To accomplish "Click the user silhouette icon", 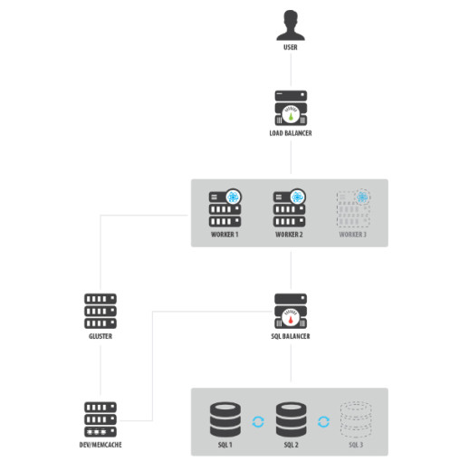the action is (x=291, y=25).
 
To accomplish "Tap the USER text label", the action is (x=291, y=47).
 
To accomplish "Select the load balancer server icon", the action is (x=291, y=108).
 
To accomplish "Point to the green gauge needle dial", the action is (x=291, y=114).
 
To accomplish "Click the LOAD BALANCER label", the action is (x=291, y=133).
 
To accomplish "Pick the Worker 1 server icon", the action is (x=225, y=208).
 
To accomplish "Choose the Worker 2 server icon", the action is (x=290, y=208).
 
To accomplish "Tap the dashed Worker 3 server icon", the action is (x=353, y=208).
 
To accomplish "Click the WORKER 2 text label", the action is (x=289, y=235).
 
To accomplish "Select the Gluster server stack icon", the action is (x=100, y=311).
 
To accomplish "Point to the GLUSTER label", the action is (x=100, y=336).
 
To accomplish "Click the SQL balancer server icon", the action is (x=291, y=311).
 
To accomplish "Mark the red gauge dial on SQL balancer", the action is (x=291, y=318).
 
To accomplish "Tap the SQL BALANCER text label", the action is (x=291, y=336).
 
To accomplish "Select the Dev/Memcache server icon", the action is (x=100, y=419).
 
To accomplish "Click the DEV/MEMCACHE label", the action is (x=100, y=445).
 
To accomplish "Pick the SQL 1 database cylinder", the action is (x=225, y=419).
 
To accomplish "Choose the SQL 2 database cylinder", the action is (x=291, y=419).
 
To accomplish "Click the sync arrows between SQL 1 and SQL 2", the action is (x=258, y=422).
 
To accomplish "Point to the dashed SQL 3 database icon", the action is (x=356, y=419).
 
